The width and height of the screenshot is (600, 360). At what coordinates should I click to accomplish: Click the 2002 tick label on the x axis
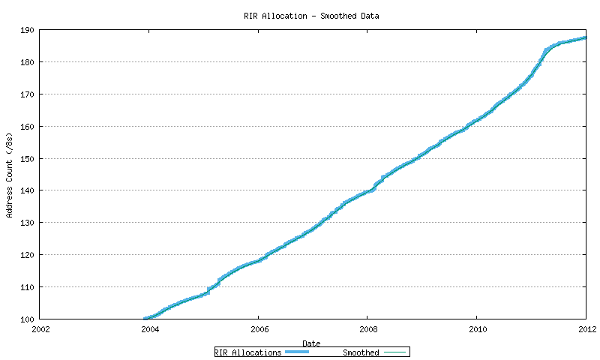[40, 328]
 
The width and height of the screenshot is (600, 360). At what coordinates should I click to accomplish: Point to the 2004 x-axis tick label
[150, 328]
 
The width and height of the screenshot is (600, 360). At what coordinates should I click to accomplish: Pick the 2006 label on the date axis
[259, 328]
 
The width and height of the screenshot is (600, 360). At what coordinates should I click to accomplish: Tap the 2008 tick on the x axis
[368, 328]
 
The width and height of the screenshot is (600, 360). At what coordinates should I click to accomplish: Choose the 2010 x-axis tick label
[477, 328]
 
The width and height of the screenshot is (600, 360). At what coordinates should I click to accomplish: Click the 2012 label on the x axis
[586, 328]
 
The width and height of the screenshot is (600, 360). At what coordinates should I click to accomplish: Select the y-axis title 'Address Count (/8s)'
[10, 175]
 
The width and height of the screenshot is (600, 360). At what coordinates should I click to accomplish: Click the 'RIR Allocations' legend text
[248, 352]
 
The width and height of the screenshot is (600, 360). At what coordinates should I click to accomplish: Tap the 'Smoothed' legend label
[361, 352]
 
